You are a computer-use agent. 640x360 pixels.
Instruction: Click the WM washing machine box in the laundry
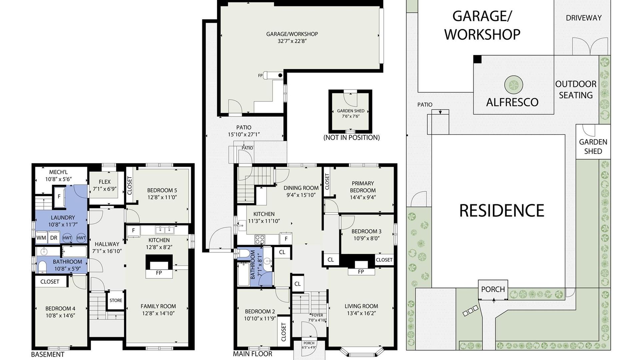(41, 238)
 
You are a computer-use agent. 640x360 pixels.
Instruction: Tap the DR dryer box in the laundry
(54, 238)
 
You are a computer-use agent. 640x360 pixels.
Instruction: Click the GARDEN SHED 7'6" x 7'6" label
(351, 114)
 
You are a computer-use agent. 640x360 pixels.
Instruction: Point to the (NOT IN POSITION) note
(352, 137)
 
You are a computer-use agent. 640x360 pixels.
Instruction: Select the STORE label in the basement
(116, 300)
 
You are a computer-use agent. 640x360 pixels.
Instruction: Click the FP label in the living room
(361, 272)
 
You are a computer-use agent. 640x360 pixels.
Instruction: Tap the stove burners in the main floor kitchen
(260, 239)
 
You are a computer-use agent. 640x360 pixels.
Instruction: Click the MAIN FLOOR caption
(252, 354)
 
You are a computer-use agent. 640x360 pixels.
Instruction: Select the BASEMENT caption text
(48, 354)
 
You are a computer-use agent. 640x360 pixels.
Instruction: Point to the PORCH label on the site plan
(493, 289)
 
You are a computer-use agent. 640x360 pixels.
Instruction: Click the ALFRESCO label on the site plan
(512, 102)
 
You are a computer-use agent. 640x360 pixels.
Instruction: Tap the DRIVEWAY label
(584, 18)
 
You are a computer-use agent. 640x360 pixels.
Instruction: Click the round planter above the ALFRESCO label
(514, 85)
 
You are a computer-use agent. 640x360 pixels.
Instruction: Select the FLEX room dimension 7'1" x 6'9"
(105, 189)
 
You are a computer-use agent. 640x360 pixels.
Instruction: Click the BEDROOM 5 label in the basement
(162, 190)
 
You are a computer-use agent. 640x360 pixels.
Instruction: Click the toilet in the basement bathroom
(42, 267)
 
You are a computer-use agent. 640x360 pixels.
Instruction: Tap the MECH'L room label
(58, 172)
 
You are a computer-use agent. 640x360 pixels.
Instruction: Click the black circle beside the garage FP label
(280, 75)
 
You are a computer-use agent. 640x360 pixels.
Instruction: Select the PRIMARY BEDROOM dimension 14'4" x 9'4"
(363, 197)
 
